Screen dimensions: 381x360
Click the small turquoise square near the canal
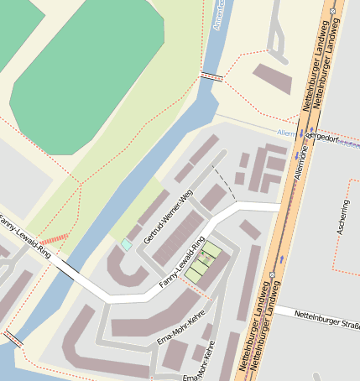127,244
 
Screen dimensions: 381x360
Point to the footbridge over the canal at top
211,77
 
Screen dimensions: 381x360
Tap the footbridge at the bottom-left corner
13,338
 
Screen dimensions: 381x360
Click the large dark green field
84,67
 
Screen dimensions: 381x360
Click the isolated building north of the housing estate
273,78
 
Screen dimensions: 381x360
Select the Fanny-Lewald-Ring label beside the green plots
183,267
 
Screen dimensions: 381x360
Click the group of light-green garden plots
203,262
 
